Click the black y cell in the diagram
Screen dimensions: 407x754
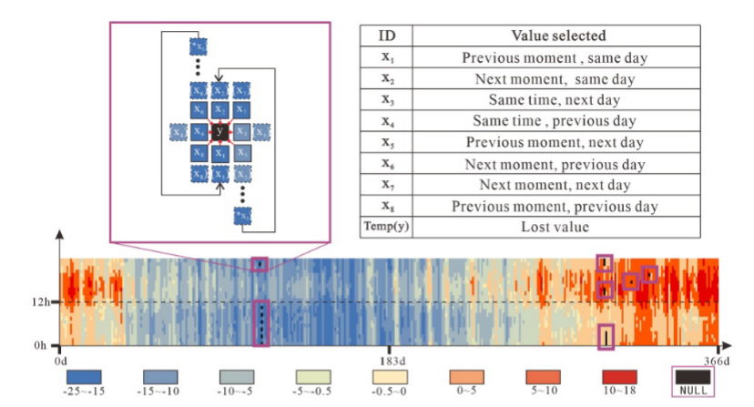pos(219,132)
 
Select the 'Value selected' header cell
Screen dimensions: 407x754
pos(558,36)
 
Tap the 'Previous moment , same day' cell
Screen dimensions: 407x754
pos(558,57)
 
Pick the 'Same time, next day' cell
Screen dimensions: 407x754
pos(558,99)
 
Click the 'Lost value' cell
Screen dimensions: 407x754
pos(558,226)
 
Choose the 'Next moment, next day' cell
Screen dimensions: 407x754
pos(558,184)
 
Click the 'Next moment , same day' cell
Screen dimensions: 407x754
pos(558,78)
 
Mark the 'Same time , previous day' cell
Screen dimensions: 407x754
pos(558,120)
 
